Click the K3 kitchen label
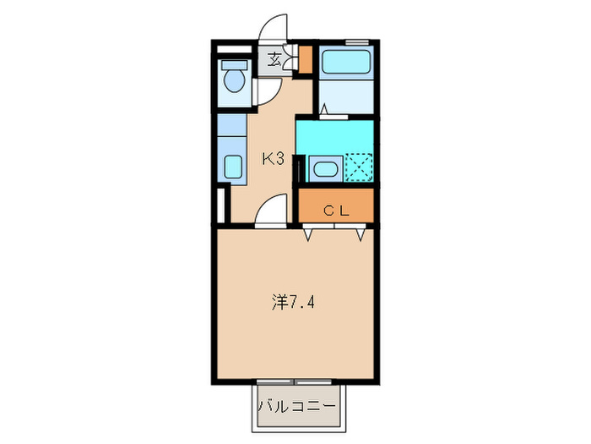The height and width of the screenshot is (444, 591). tap(272, 157)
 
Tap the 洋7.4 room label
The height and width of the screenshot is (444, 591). tap(295, 301)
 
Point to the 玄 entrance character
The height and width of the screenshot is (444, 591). tap(275, 59)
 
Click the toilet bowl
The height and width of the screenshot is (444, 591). tap(234, 83)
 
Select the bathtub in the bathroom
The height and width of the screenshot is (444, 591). tap(346, 62)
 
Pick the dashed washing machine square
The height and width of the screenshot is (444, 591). tap(358, 167)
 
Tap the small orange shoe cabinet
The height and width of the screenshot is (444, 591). tap(306, 59)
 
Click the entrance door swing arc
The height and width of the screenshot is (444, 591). tap(272, 32)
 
